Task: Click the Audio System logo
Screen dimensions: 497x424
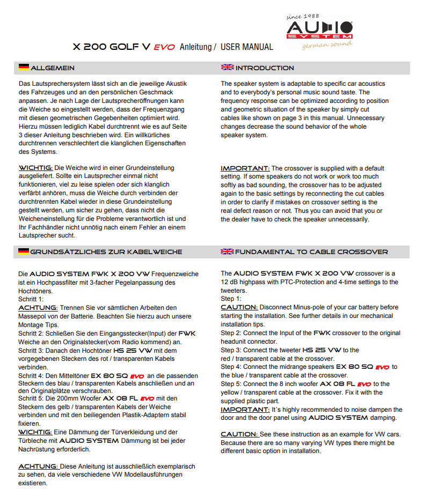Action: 319,29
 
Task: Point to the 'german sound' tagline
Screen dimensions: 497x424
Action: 327,44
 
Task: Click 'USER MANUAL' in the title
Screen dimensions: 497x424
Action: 246,47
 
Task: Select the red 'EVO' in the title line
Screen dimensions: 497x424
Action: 164,47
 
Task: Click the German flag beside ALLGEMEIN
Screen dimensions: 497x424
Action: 24,68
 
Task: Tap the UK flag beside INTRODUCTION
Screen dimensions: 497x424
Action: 227,68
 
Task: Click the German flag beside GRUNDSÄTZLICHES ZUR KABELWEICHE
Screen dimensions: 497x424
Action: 24,251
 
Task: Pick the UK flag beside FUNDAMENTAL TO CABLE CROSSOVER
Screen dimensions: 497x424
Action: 227,251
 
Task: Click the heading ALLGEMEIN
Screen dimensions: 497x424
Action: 53,68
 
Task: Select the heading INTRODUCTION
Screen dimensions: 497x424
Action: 265,68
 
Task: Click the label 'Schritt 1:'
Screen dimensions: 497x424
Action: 31,299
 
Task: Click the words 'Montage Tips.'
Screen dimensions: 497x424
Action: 39,325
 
